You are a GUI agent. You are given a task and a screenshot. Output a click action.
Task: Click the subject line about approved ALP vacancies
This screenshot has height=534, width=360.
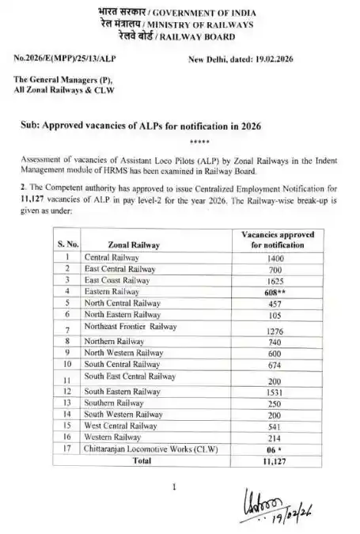click(x=142, y=127)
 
